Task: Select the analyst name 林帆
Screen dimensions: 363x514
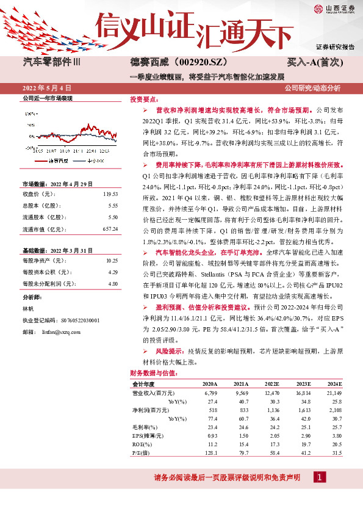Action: pos(28,309)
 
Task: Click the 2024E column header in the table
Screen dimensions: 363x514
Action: pos(334,383)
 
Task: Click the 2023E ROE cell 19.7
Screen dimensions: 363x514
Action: pos(303,444)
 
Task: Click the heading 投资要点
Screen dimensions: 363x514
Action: pos(144,99)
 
